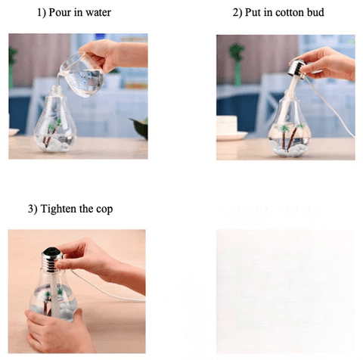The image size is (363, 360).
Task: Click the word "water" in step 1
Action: click(98, 13)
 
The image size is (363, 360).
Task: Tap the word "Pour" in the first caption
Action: click(60, 12)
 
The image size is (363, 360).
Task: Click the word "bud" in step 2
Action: click(315, 12)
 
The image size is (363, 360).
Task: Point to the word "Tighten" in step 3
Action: click(58, 209)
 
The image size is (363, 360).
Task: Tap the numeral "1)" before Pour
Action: click(42, 13)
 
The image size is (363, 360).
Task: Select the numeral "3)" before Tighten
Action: click(33, 209)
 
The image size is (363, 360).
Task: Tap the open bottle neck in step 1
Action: click(57, 89)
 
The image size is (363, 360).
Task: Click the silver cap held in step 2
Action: click(298, 67)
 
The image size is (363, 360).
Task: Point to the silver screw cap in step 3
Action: click(51, 259)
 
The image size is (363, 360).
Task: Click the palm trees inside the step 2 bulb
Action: click(290, 136)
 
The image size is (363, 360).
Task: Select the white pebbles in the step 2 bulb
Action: click(289, 147)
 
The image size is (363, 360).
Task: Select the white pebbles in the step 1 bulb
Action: click(55, 144)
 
